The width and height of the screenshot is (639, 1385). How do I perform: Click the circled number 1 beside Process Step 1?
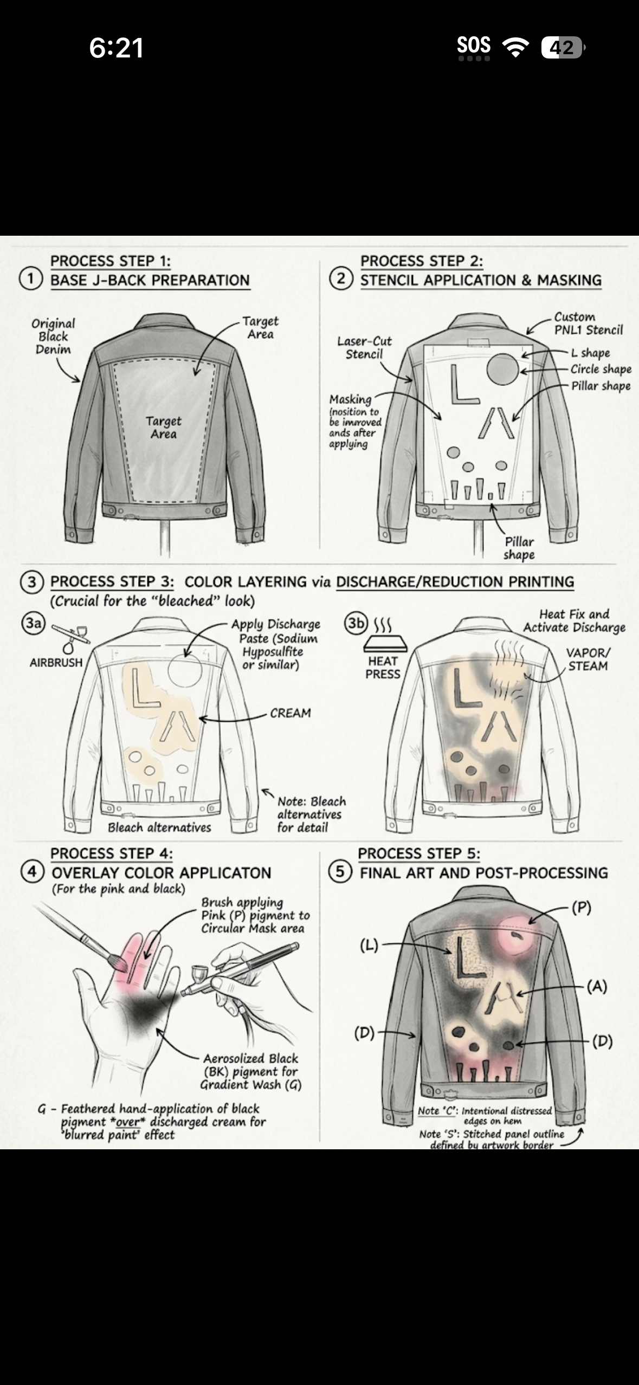31,279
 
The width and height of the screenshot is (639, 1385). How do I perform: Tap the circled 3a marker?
34,623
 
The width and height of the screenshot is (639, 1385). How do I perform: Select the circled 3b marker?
356,623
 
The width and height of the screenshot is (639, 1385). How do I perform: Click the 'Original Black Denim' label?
53,336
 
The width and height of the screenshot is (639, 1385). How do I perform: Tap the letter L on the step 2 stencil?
463,384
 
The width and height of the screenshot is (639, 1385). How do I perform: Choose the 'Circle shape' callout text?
601,369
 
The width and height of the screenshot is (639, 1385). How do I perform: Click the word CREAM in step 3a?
291,713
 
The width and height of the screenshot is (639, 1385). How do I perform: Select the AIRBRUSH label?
56,662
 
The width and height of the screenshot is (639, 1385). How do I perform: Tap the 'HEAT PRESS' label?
383,668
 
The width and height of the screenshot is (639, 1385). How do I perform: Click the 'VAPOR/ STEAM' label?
588,659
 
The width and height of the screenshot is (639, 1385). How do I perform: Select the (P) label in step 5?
582,907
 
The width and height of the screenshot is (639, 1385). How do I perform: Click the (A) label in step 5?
597,986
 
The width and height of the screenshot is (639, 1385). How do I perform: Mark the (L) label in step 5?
369,946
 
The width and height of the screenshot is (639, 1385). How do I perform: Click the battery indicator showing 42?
563,48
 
